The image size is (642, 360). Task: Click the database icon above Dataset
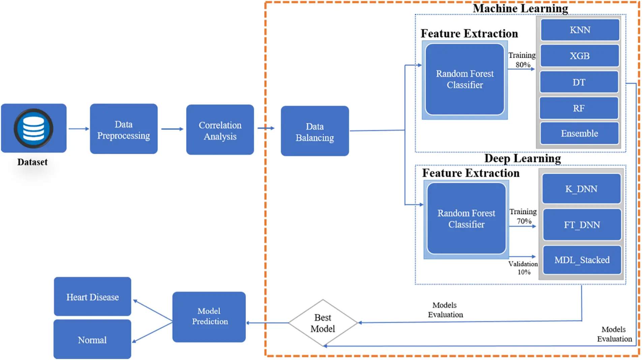point(33,128)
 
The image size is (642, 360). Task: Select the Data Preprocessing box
point(123,129)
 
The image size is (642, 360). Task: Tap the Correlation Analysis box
point(220,130)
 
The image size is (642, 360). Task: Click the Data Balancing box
point(314,131)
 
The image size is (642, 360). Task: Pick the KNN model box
point(580,30)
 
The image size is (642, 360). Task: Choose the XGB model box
point(580,56)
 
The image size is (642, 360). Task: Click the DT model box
point(579,82)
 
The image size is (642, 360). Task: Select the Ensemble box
point(579,133)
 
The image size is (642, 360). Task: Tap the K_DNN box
point(581,189)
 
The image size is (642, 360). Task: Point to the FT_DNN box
point(582,225)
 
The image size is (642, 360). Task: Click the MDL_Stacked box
point(582,260)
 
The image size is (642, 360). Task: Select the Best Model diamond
point(323,323)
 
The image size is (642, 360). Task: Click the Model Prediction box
point(209,317)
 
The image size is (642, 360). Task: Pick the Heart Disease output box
point(92,297)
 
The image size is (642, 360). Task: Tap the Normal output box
point(92,340)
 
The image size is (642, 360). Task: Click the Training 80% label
point(522,60)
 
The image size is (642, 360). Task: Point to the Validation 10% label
point(523,268)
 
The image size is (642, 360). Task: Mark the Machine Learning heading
point(520,8)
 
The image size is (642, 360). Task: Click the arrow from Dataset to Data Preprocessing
point(79,129)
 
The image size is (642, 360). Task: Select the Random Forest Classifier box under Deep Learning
point(466,219)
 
